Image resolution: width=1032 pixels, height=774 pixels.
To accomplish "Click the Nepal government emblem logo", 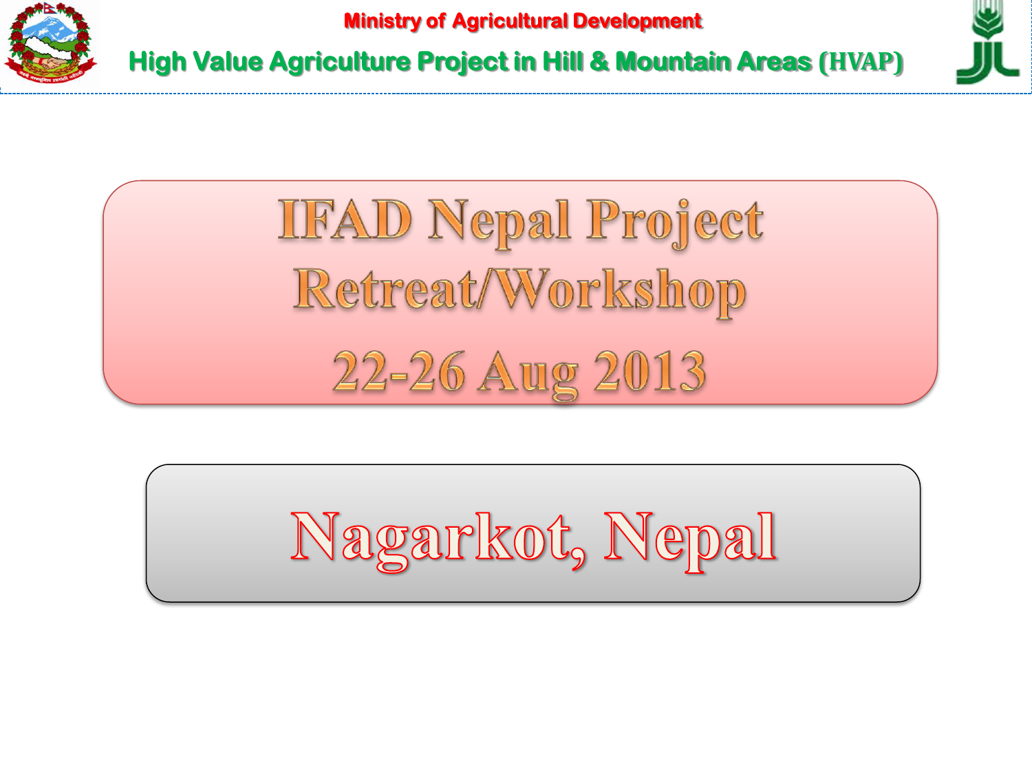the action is (x=50, y=43).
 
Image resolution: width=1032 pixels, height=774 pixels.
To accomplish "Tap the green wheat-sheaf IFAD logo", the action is (x=987, y=42).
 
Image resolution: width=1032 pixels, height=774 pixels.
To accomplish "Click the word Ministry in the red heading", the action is (x=383, y=21).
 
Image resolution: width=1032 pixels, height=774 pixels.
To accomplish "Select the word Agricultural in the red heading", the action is (x=510, y=21).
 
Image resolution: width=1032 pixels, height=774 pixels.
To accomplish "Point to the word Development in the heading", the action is (x=638, y=22).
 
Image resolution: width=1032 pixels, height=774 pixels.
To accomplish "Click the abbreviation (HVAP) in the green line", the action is (x=861, y=62).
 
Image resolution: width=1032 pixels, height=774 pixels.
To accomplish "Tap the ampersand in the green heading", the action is (x=599, y=61).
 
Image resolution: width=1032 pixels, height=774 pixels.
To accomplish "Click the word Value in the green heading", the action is (x=228, y=61).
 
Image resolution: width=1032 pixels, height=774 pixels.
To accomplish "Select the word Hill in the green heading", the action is (x=562, y=61).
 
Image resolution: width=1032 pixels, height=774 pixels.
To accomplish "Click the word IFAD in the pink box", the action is (x=345, y=219).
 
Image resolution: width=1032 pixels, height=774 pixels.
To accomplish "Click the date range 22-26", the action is (x=399, y=372).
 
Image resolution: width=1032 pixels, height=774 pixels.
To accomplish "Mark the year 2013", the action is (x=649, y=372).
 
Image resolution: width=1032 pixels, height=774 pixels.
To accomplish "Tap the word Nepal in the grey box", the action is (x=690, y=541).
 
